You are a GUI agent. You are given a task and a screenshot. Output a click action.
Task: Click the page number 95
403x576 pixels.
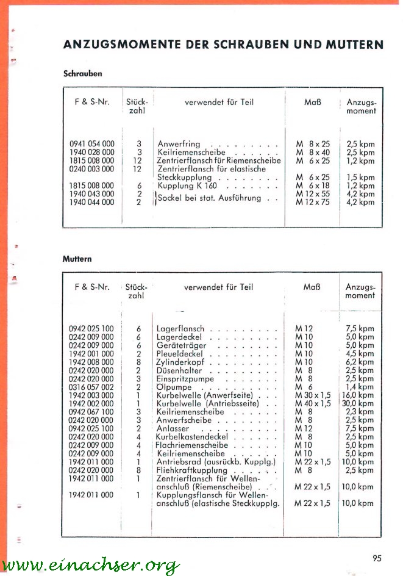click(376, 556)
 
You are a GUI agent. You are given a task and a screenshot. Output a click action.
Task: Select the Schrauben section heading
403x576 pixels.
click(82, 73)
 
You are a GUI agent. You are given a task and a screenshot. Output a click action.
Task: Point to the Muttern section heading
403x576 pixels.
click(77, 259)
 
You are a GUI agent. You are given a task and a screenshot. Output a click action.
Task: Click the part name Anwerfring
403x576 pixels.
click(179, 145)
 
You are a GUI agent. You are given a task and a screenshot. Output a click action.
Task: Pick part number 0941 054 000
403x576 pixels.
click(92, 145)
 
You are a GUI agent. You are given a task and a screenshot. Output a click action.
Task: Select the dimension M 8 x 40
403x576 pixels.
click(312, 153)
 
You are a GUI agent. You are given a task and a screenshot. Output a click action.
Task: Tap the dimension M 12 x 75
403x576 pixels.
click(312, 202)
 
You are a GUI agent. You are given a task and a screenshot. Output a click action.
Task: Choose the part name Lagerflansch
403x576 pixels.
click(180, 329)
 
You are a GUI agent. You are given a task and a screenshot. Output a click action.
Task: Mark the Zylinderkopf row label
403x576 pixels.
click(182, 362)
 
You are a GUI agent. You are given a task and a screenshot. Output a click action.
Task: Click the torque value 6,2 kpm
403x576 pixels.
click(360, 362)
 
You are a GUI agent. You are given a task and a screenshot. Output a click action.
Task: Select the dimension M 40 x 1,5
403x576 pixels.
click(313, 403)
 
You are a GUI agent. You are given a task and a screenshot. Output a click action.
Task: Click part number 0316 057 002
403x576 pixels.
click(91, 387)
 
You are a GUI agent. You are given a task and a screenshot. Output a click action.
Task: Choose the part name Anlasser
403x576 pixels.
click(174, 428)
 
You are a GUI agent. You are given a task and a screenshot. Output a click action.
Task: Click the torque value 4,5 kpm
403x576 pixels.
click(360, 353)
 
